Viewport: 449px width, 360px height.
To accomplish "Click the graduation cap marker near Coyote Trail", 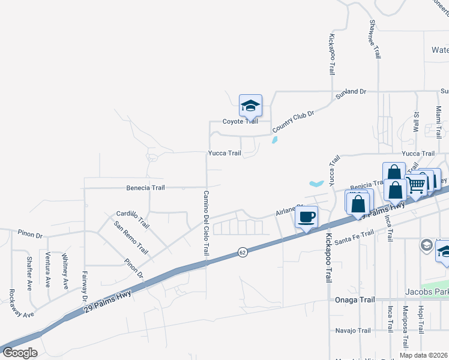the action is pyautogui.click(x=250, y=107).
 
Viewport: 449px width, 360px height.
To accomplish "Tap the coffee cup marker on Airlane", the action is pyautogui.click(x=306, y=217).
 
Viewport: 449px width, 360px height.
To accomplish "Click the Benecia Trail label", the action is pyautogui.click(x=145, y=188).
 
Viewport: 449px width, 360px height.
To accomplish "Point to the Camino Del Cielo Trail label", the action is pyautogui.click(x=205, y=223).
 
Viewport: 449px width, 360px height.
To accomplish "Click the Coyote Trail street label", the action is pyautogui.click(x=241, y=121).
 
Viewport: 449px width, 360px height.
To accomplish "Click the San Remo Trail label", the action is pyautogui.click(x=131, y=237).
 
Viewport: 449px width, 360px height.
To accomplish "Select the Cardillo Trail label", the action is pyautogui.click(x=133, y=219).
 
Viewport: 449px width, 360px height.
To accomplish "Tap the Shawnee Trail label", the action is pyautogui.click(x=375, y=39).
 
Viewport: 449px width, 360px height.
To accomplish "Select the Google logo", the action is pyautogui.click(x=20, y=353).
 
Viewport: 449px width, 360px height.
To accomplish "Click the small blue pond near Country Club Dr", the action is pyautogui.click(x=274, y=140).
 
